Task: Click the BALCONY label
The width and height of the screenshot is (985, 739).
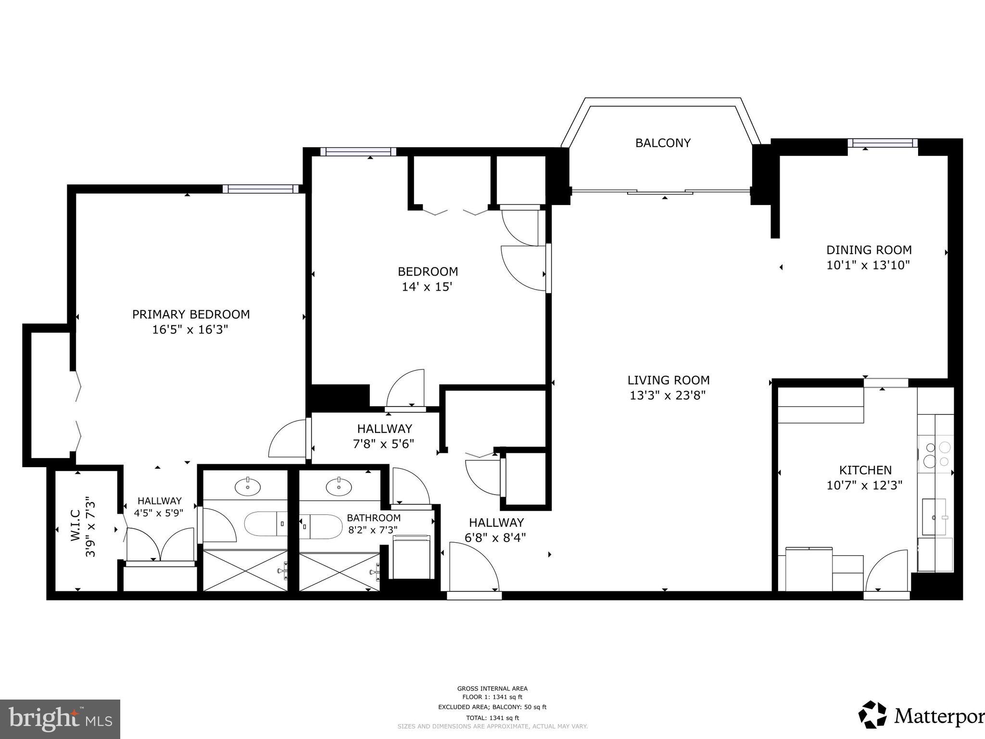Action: (x=663, y=143)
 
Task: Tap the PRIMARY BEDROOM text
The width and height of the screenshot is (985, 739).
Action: (x=191, y=314)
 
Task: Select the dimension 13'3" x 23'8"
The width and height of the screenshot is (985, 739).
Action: (x=668, y=395)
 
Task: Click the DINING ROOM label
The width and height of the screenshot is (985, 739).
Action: (x=869, y=250)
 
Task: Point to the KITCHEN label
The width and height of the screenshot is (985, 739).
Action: (x=865, y=470)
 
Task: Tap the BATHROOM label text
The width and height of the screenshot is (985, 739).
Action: (x=374, y=518)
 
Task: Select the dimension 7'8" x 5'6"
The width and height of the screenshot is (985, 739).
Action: (x=384, y=444)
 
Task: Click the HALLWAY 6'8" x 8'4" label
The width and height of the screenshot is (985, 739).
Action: (x=496, y=522)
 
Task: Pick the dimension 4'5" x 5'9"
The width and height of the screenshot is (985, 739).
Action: (x=159, y=513)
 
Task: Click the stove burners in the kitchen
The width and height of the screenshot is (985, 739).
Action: (x=935, y=454)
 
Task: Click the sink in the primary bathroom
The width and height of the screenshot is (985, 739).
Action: (x=248, y=487)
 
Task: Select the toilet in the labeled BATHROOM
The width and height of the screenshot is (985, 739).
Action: (x=317, y=526)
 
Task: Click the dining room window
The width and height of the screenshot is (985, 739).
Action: (x=883, y=142)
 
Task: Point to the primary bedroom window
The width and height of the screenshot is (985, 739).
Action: (x=261, y=189)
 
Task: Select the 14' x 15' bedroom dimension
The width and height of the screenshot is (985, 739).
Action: (x=427, y=287)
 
